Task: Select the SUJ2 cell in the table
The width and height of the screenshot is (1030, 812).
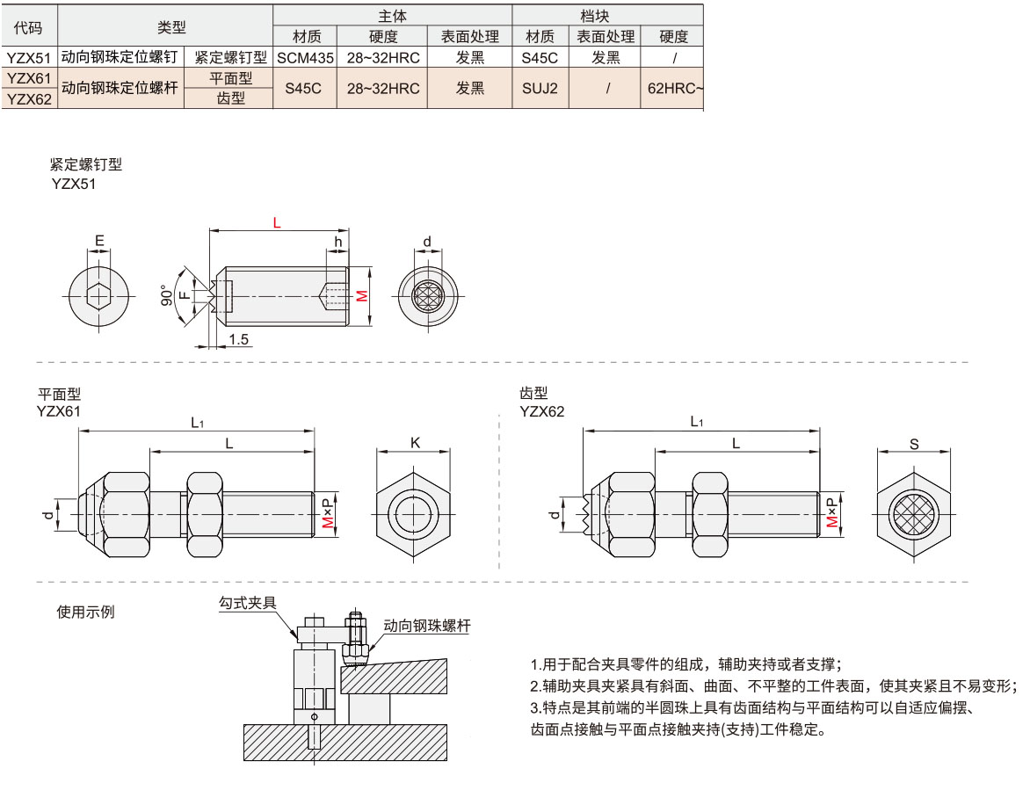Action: pos(540,89)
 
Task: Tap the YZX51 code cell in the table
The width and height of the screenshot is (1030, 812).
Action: pos(29,57)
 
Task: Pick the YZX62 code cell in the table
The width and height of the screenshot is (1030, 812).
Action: pos(29,99)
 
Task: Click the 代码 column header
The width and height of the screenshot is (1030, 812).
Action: pos(29,26)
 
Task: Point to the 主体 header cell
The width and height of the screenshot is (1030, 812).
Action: pos(392,16)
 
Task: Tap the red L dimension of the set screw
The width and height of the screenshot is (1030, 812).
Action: pos(277,223)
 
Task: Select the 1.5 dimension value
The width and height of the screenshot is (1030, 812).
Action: pos(238,338)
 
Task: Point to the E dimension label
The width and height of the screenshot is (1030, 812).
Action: pos(99,240)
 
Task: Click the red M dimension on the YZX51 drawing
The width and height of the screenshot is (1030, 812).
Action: pos(361,296)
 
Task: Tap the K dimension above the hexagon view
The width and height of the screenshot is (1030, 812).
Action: pos(415,443)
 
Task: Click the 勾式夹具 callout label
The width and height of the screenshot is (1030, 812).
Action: pos(248,603)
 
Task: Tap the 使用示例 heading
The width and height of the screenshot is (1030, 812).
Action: pos(85,612)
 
